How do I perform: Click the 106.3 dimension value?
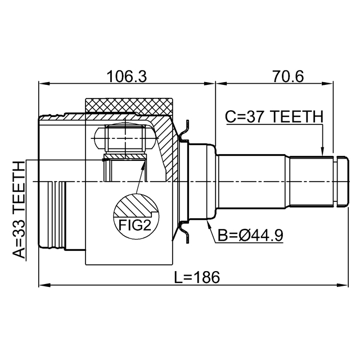tap(127, 76)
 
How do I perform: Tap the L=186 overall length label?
tap(196, 277)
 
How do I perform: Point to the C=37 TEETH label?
tap(274, 117)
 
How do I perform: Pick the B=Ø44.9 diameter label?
tap(250, 235)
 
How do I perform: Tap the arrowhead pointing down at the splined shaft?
tap(323, 151)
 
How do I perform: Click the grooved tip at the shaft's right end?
tap(340, 182)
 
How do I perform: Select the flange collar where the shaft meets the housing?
tap(201, 182)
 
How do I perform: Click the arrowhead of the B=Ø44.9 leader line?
tap(209, 224)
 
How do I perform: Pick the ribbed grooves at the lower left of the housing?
tap(58, 214)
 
